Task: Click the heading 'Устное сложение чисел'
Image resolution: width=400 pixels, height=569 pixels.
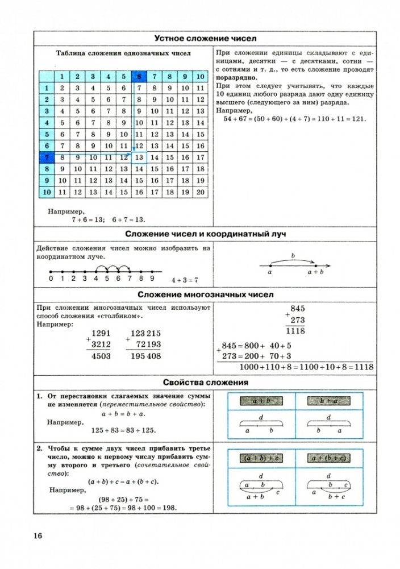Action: [206, 38]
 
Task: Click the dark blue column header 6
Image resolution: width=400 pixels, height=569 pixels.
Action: [139, 76]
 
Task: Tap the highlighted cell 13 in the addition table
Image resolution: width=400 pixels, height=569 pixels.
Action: [139, 156]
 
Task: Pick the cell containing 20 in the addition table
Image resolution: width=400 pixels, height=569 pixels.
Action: [199, 192]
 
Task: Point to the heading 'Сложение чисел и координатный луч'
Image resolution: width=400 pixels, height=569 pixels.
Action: [206, 235]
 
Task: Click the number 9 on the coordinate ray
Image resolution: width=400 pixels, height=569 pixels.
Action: [152, 279]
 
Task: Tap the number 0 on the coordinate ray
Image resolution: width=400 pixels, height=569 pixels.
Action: [51, 279]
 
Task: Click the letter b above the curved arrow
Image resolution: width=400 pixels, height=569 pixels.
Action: [292, 256]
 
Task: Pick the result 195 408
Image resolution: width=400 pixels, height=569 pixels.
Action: [145, 356]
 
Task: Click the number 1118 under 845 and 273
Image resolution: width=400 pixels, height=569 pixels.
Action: [295, 330]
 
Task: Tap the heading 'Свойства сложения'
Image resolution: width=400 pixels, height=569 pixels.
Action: [206, 383]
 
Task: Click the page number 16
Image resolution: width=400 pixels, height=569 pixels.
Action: [38, 535]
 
